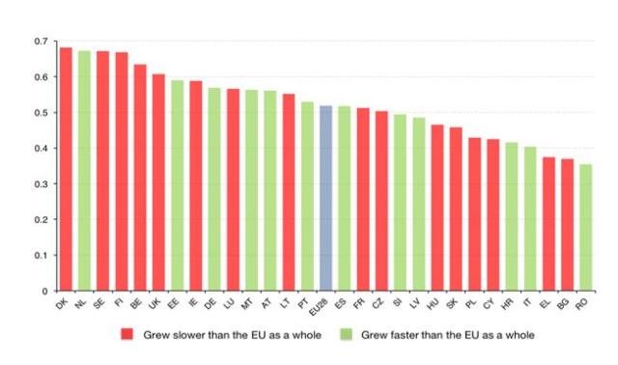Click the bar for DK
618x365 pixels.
66,169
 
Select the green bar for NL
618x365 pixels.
84,171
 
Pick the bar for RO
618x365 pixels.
585,228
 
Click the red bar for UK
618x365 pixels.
158,182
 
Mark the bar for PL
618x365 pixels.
474,214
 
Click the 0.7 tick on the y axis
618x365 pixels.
40,42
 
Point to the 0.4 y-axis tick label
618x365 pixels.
40,149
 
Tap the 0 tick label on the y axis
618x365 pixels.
43,291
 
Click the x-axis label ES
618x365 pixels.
342,304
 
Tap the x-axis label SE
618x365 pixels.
100,304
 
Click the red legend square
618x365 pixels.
126,334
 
